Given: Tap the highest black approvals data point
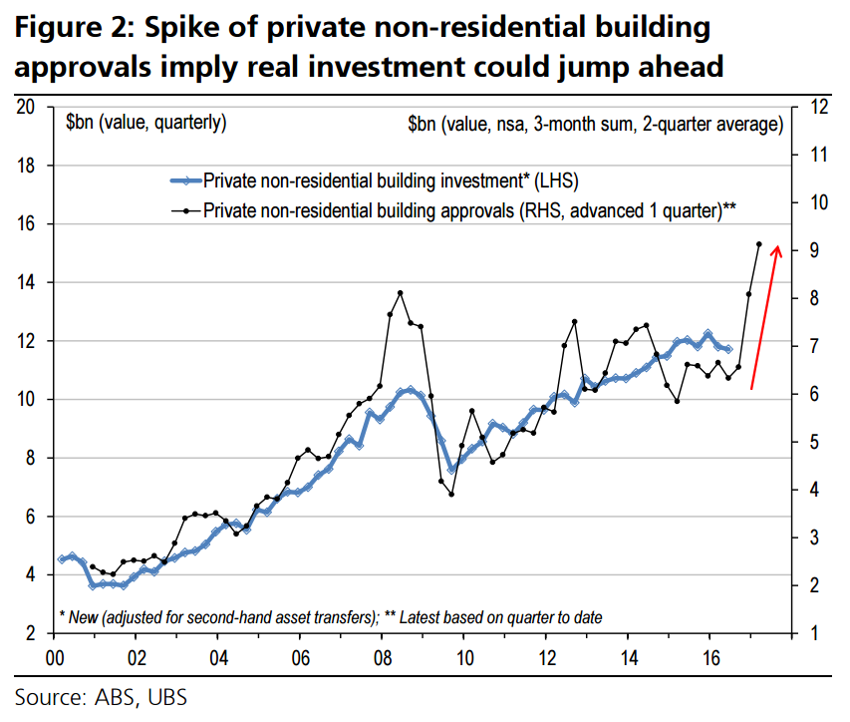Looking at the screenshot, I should click(x=758, y=244).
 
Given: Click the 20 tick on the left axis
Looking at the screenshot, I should click(x=29, y=107).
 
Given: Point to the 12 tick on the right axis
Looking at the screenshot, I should click(x=810, y=107).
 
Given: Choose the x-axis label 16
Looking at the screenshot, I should click(x=710, y=657).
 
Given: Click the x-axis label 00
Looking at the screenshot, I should click(x=56, y=657).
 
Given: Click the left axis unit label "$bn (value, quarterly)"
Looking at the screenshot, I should click(x=145, y=124).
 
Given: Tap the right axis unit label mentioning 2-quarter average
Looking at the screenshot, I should click(x=595, y=124).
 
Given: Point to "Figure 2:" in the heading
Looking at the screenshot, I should click(x=73, y=28).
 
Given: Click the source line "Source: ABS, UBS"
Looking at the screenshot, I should click(x=101, y=696).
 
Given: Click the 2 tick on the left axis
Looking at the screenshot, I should click(x=33, y=634).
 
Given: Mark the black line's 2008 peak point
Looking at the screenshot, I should click(x=400, y=293).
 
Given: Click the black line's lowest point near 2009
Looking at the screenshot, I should click(x=451, y=494).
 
